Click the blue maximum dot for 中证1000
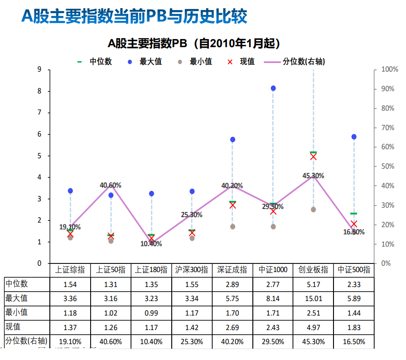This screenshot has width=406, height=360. (273, 88)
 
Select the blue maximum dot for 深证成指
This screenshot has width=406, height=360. (232, 140)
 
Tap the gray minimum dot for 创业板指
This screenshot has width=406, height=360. (313, 209)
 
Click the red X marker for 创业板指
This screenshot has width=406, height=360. (313, 157)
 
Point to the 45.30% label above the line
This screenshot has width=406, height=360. (314, 175)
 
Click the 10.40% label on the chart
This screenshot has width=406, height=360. (151, 243)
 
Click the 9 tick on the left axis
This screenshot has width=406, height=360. (39, 69)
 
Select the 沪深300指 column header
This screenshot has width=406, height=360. (192, 270)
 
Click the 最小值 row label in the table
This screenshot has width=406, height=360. (17, 312)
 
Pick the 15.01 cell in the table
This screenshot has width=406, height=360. (313, 298)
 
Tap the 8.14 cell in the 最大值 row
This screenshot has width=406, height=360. (273, 298)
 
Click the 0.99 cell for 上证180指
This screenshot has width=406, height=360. (151, 313)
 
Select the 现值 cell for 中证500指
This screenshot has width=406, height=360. (354, 327)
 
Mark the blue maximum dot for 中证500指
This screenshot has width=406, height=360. (354, 137)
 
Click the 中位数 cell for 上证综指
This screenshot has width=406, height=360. (70, 284)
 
